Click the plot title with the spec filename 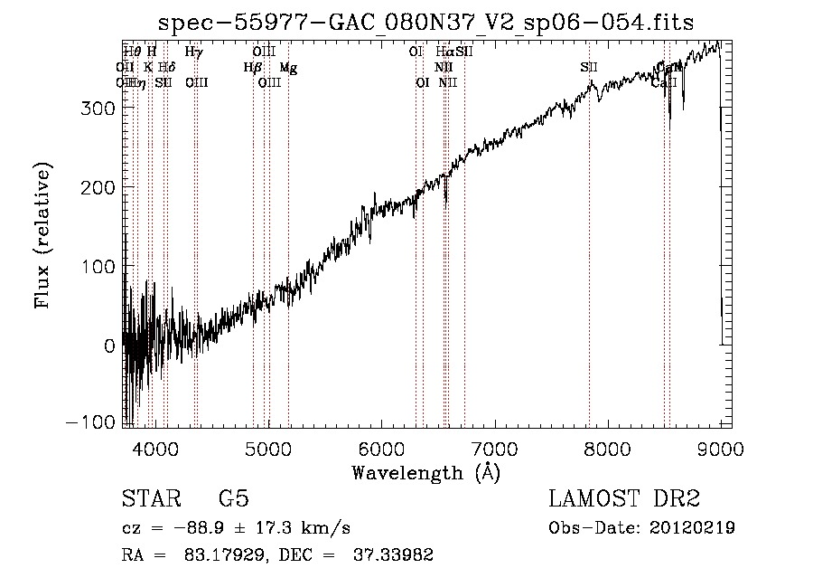pyautogui.click(x=425, y=23)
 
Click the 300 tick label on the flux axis pyautogui.click(x=96, y=108)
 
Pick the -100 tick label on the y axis pyautogui.click(x=90, y=423)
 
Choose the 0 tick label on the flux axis pyautogui.click(x=108, y=345)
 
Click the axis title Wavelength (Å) pyautogui.click(x=425, y=472)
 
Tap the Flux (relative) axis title pyautogui.click(x=43, y=234)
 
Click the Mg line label pyautogui.click(x=288, y=67)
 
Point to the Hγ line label pyautogui.click(x=193, y=52)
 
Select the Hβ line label pyautogui.click(x=252, y=67)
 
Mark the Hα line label pyautogui.click(x=444, y=52)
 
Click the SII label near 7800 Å pyautogui.click(x=589, y=67)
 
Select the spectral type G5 pyautogui.click(x=234, y=499)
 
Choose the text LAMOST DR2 pyautogui.click(x=624, y=499)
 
